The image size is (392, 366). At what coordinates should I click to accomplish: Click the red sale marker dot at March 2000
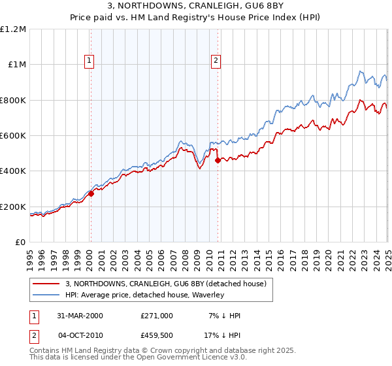91,193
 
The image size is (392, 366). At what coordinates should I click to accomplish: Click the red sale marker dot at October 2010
217,159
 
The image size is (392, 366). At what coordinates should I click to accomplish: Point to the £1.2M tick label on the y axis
13,29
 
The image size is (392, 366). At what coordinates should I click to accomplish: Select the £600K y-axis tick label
13,136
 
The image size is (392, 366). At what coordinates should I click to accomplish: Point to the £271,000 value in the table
157,316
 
